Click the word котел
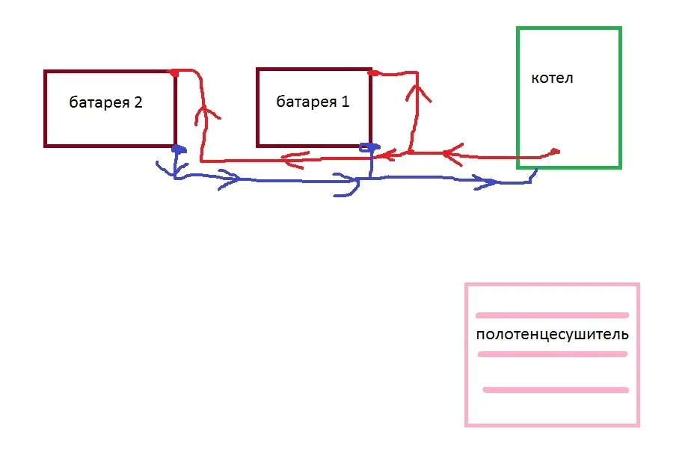click(x=552, y=78)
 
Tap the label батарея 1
click(x=313, y=102)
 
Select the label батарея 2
click(x=105, y=103)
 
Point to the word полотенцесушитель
click(x=552, y=334)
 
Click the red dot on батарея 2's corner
click(x=174, y=72)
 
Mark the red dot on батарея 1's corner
click(x=372, y=73)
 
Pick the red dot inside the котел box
click(x=555, y=152)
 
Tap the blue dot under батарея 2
click(x=177, y=149)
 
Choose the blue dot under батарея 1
click(x=366, y=147)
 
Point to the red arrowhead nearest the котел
click(x=446, y=154)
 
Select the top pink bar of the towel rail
click(x=552, y=315)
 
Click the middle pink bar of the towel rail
click(x=552, y=353)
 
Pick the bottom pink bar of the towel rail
click(x=556, y=389)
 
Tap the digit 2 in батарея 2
click(x=138, y=103)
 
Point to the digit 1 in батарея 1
click(x=345, y=102)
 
